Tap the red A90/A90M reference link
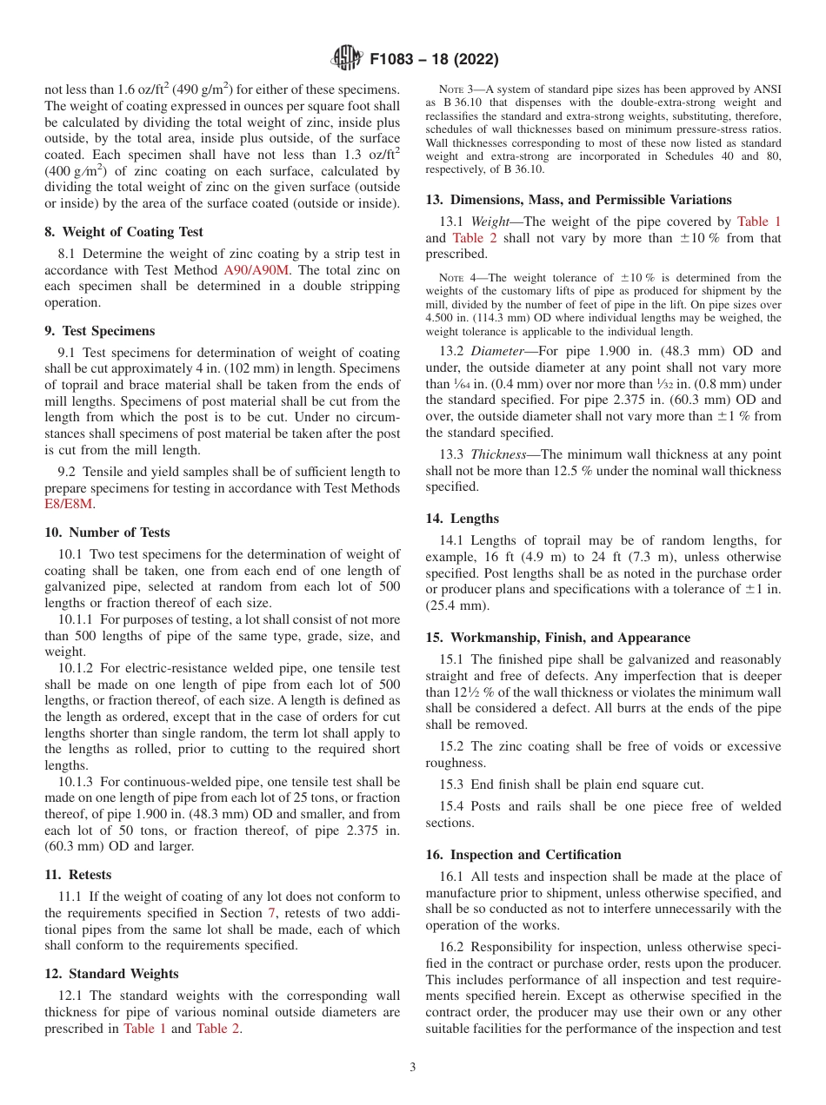256,270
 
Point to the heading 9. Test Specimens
99,331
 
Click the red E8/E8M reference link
69,504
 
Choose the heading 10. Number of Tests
107,533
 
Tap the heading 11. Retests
78,875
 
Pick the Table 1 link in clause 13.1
758,222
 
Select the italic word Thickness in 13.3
499,454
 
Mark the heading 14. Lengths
462,519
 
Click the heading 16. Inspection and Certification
523,855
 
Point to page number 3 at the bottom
413,1068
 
